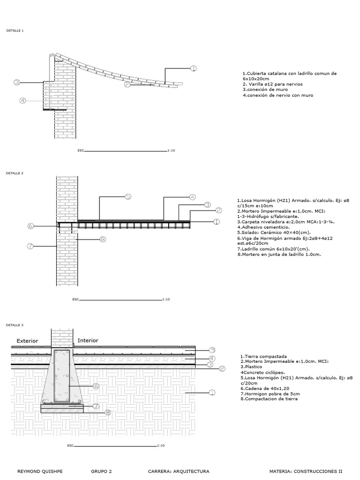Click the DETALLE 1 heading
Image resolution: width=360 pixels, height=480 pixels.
tap(15, 30)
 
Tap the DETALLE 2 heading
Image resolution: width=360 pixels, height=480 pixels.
tap(15, 173)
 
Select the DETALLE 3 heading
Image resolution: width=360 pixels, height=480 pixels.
tap(15, 325)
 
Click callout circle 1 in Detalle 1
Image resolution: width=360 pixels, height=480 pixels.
tap(193, 68)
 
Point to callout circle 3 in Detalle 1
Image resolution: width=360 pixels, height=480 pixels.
tap(17, 83)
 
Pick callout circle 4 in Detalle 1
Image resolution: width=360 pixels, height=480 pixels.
tap(22, 100)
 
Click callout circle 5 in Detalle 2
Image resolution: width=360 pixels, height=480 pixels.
tap(127, 197)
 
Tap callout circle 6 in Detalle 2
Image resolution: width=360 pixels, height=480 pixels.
tap(31, 226)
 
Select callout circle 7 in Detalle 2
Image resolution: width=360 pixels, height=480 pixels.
tap(31, 246)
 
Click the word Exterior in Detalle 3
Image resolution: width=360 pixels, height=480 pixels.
tap(27, 341)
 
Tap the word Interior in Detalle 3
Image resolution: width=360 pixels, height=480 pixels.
tap(88, 340)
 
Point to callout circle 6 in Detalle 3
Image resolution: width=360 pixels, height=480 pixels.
tap(96, 386)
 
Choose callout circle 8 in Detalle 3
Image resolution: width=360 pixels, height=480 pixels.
tap(108, 412)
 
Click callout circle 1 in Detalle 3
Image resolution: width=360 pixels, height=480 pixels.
tap(211, 392)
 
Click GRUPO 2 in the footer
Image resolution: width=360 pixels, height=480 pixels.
tap(101, 471)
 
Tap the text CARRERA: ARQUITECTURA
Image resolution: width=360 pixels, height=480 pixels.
tap(179, 471)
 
